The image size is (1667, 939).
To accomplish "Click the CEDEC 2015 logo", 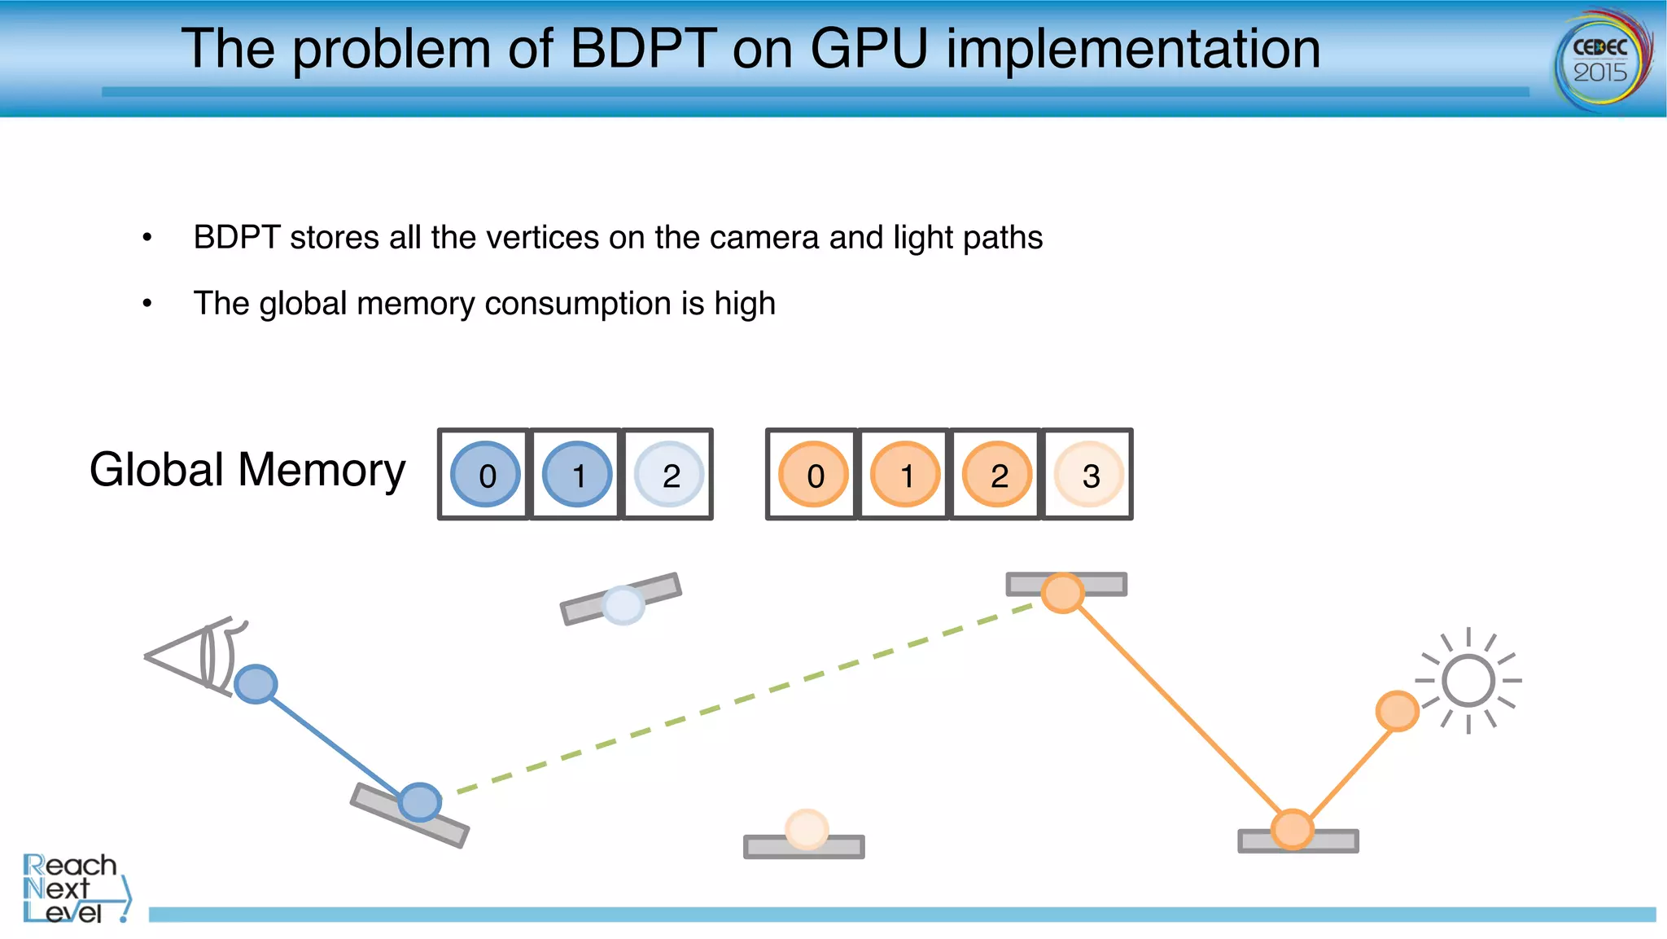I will click(x=1602, y=59).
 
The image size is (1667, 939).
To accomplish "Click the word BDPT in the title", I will click(x=643, y=49).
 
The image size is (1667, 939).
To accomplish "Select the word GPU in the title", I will click(x=869, y=49).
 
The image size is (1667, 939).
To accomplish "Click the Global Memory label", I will click(x=247, y=470).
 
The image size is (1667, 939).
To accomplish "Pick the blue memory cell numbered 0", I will click(x=486, y=475).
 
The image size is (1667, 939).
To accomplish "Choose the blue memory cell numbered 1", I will click(x=577, y=475).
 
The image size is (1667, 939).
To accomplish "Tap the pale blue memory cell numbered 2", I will click(x=669, y=475).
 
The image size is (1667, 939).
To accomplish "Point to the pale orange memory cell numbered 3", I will click(x=1089, y=475).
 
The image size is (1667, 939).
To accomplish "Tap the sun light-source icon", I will click(x=1468, y=681).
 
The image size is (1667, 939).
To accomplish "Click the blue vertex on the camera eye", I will click(x=256, y=684).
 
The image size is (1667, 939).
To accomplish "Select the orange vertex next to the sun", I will click(x=1397, y=711).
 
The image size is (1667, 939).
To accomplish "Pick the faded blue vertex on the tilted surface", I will click(x=623, y=605).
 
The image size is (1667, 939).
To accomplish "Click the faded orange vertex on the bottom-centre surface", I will click(x=807, y=829).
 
